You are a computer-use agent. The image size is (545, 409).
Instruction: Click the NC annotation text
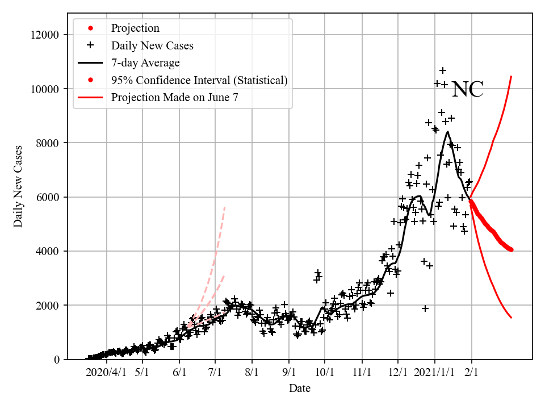(468, 90)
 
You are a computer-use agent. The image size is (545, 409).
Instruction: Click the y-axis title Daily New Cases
(19, 186)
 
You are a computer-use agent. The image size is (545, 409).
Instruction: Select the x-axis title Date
(299, 389)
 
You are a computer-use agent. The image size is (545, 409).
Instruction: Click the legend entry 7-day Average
(145, 63)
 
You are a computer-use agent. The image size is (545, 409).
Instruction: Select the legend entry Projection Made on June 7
(174, 97)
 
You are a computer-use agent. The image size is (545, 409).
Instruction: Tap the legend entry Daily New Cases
(152, 46)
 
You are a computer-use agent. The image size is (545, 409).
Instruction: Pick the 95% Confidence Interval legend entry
(199, 80)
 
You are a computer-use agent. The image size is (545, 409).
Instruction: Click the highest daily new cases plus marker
(443, 70)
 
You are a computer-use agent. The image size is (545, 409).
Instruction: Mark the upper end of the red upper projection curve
(512, 76)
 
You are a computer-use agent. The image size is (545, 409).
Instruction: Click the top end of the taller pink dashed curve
(225, 207)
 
